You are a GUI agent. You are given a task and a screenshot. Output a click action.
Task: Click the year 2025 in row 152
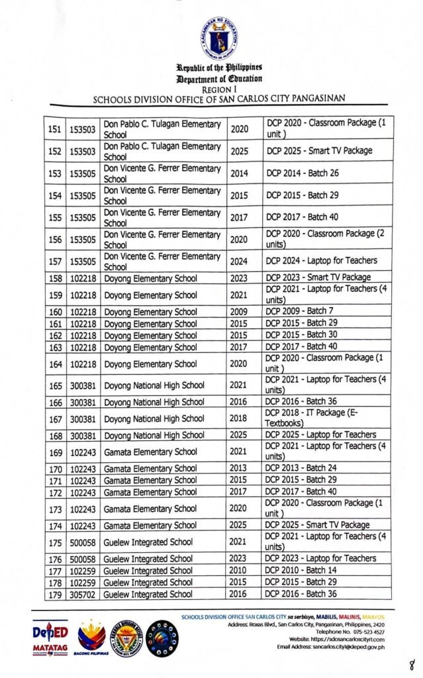pyautogui.click(x=240, y=151)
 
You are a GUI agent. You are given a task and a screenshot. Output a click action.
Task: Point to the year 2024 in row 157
pyautogui.click(x=240, y=261)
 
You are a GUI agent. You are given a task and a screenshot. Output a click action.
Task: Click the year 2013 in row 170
pyautogui.click(x=240, y=469)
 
